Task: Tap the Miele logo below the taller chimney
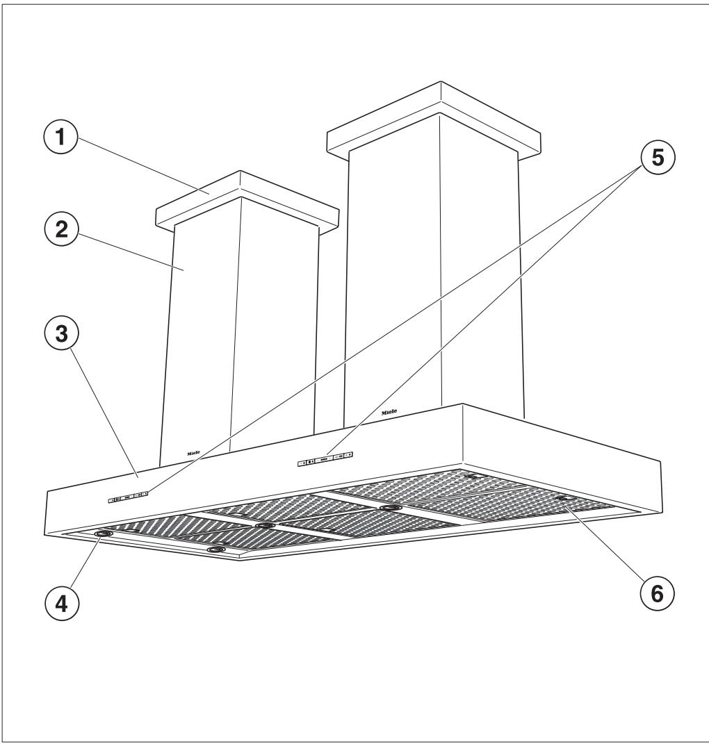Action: pos(389,412)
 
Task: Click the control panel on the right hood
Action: pos(325,458)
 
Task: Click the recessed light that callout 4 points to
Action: pos(104,534)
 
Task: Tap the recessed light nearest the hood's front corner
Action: pos(218,549)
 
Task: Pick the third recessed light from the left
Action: pos(264,525)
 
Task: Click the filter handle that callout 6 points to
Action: pos(562,499)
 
